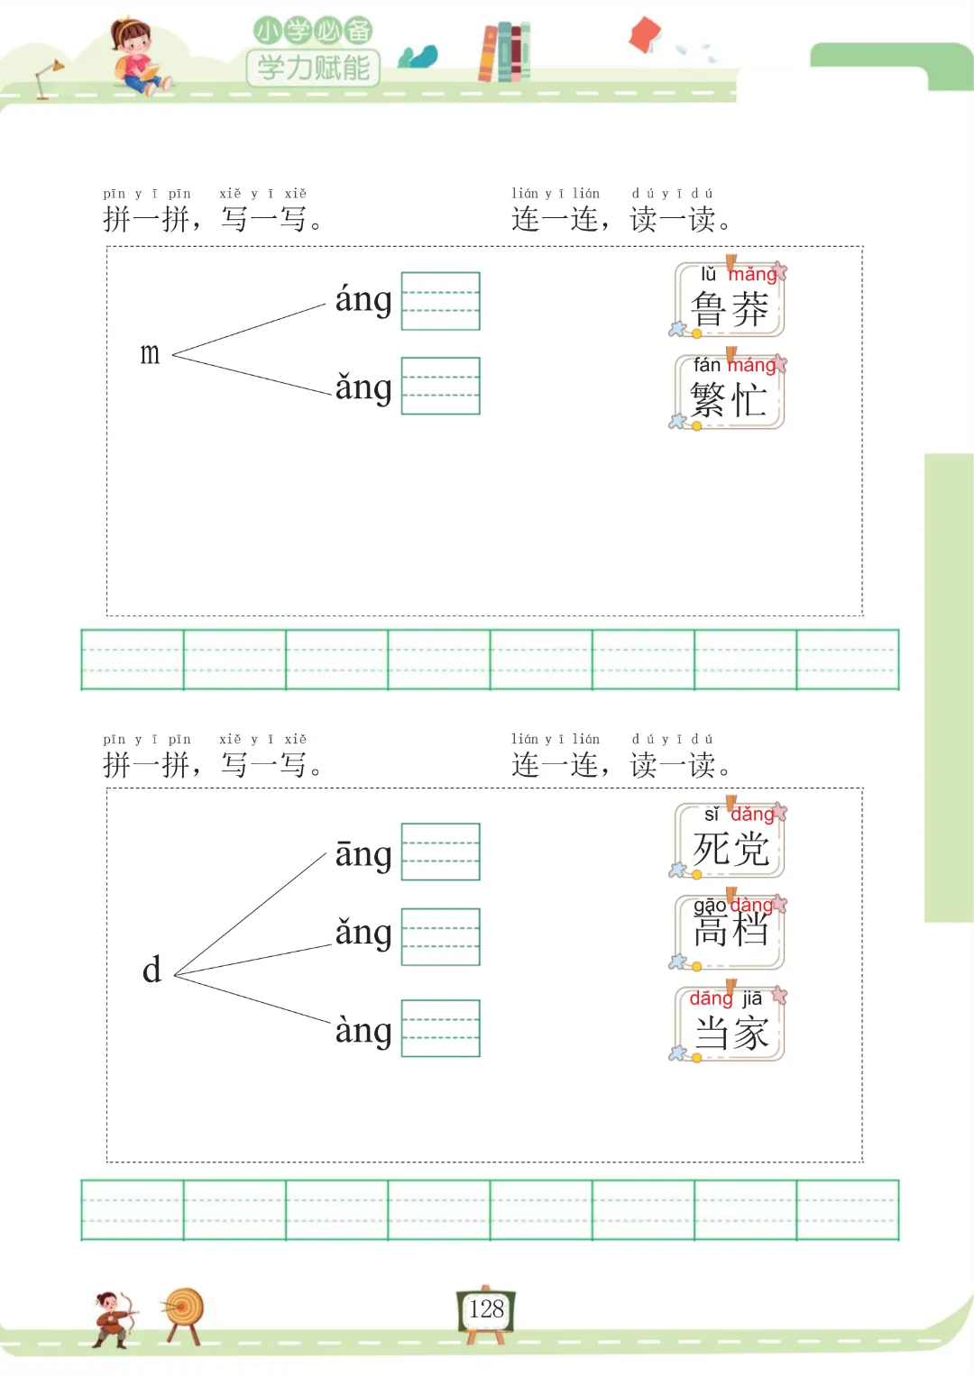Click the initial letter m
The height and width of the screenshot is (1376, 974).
(150, 354)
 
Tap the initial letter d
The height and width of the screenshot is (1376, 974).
(152, 970)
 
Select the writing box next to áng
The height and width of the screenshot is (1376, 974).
(440, 301)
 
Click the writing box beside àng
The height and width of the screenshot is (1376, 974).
(440, 1028)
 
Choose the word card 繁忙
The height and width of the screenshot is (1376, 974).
(730, 393)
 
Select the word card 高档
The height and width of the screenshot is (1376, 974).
(730, 932)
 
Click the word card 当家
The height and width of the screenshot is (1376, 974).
(730, 1025)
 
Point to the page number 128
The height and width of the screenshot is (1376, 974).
(486, 1309)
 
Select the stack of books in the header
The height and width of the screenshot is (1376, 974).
(504, 51)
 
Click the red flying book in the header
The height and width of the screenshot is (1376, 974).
(645, 35)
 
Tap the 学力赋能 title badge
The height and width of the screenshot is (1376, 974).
(313, 67)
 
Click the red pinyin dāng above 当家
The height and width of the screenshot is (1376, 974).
(711, 998)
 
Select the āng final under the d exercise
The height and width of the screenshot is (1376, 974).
(363, 853)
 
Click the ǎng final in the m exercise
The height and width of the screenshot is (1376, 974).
(363, 387)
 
